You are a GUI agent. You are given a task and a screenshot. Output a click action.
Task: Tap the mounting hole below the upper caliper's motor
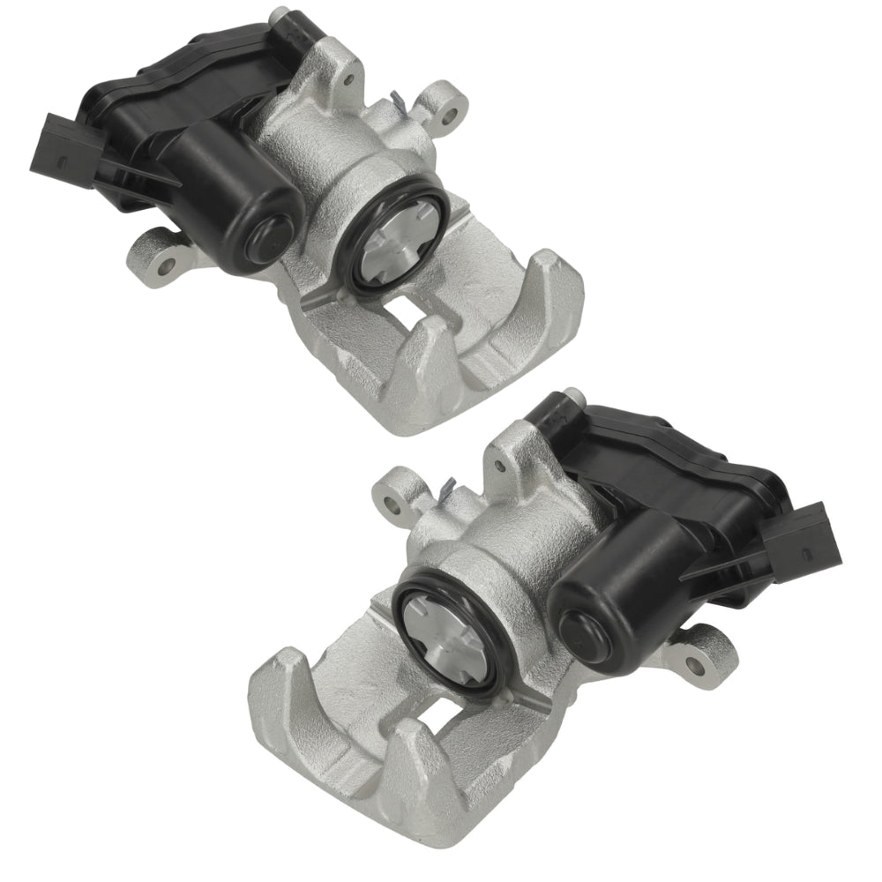click(x=166, y=262)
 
